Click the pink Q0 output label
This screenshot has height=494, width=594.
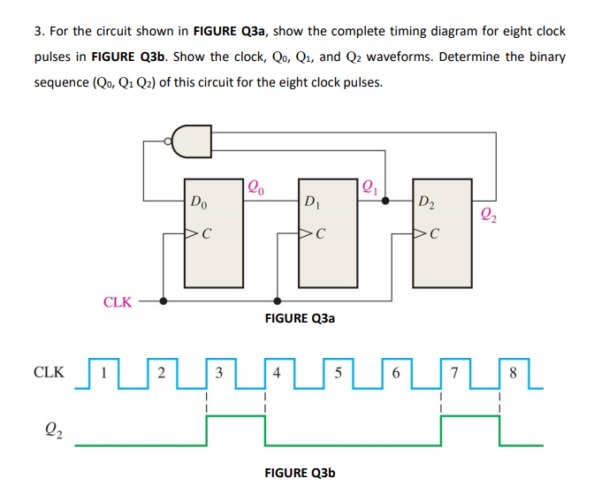click(256, 186)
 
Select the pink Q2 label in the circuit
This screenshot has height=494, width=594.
click(489, 212)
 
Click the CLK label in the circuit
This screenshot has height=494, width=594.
click(118, 302)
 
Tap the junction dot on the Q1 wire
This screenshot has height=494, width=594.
click(385, 200)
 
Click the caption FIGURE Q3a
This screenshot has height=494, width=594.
click(300, 318)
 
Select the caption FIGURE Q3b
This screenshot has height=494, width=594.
click(300, 473)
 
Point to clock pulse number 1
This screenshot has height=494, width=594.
click(103, 372)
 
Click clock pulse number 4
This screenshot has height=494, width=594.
click(278, 372)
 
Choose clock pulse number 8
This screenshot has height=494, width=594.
click(512, 372)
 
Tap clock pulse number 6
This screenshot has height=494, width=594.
click(395, 372)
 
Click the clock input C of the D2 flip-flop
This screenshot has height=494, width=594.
click(430, 235)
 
